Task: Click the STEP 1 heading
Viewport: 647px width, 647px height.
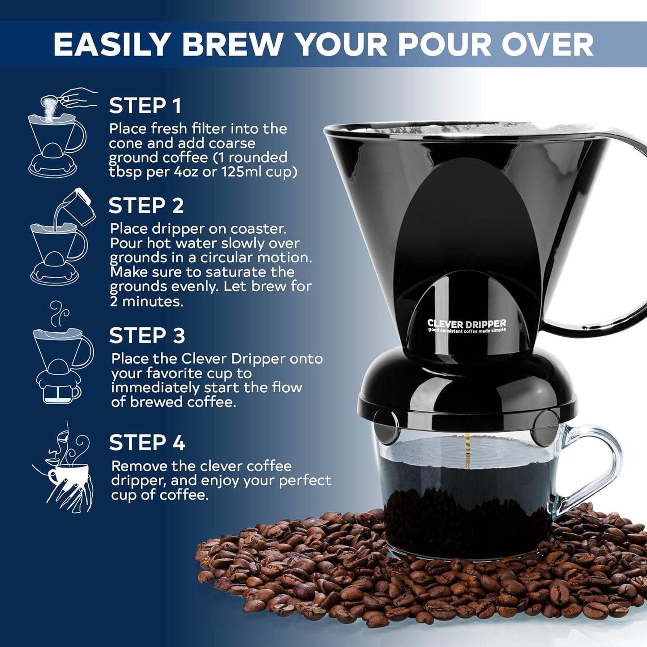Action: (x=145, y=106)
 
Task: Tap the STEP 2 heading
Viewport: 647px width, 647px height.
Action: (x=146, y=206)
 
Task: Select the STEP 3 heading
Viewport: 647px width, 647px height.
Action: (x=147, y=336)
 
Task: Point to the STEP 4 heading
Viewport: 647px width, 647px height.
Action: (x=147, y=443)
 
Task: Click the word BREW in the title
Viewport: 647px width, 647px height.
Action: (x=232, y=45)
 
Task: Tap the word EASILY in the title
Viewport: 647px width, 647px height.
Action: (x=112, y=45)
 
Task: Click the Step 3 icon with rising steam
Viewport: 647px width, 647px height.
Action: (x=62, y=354)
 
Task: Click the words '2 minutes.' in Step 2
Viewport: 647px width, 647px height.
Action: (x=146, y=301)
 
